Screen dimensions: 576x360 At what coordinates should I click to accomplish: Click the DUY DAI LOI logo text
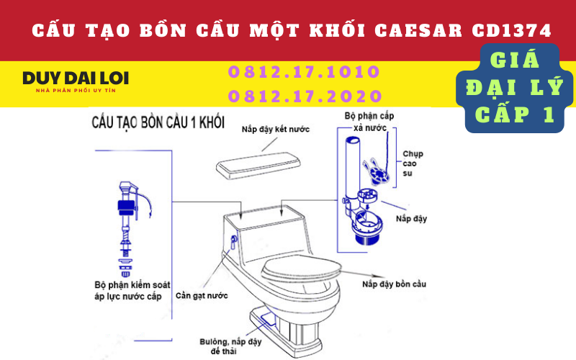tap(76, 78)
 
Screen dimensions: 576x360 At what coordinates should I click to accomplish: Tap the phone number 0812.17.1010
tap(304, 71)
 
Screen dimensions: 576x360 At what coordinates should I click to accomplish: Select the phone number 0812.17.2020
tap(305, 96)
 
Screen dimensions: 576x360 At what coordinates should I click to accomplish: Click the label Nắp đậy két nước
tap(276, 130)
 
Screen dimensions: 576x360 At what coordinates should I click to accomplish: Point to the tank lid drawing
tap(258, 166)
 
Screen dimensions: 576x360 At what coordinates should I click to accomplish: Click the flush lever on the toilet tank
tap(233, 242)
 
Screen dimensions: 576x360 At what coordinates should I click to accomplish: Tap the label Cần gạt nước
tap(202, 296)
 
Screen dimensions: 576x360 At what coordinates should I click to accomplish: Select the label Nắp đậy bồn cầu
tap(394, 284)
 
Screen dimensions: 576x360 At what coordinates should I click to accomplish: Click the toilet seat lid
tap(302, 269)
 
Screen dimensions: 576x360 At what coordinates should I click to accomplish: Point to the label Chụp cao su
tap(413, 163)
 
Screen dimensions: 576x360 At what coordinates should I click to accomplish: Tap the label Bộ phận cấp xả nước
tap(369, 122)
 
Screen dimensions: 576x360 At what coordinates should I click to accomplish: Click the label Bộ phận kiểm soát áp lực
tap(132, 291)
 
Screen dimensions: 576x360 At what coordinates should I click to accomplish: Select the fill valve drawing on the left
tap(128, 228)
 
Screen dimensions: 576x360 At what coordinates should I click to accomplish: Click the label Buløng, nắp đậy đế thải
tap(230, 346)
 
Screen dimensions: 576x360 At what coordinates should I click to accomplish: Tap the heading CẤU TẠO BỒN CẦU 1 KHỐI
tap(158, 122)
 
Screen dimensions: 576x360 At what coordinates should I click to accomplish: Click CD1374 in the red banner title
tap(512, 31)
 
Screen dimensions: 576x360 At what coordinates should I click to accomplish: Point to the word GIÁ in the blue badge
tap(515, 60)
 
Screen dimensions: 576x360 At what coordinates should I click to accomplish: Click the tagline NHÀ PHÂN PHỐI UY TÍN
tap(76, 91)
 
